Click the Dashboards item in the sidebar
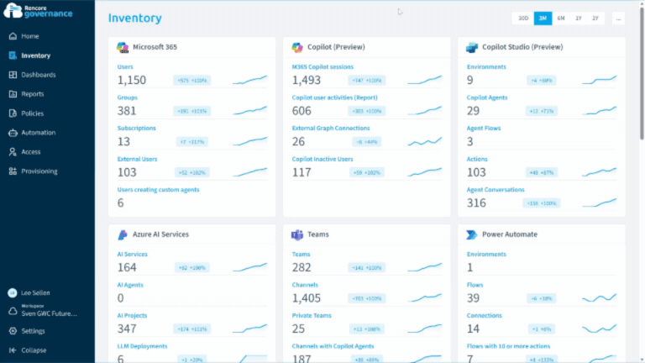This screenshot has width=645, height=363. [38, 75]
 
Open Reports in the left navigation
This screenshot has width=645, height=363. [33, 94]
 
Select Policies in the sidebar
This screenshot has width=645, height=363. [33, 113]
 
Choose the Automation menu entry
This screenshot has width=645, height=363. [38, 133]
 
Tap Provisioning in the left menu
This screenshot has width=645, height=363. [39, 171]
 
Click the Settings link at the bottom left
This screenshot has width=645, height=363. [34, 331]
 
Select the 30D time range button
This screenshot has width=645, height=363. [522, 18]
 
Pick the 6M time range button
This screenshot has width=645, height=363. [561, 18]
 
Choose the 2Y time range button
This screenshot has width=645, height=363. [595, 18]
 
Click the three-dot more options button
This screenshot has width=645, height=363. [618, 18]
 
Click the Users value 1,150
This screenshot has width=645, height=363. [132, 81]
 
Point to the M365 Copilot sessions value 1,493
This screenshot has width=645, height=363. [307, 81]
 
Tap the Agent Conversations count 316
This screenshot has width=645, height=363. [476, 203]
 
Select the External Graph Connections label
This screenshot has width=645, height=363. [330, 128]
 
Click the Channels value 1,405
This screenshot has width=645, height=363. [307, 298]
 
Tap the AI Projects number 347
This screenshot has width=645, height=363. [127, 329]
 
